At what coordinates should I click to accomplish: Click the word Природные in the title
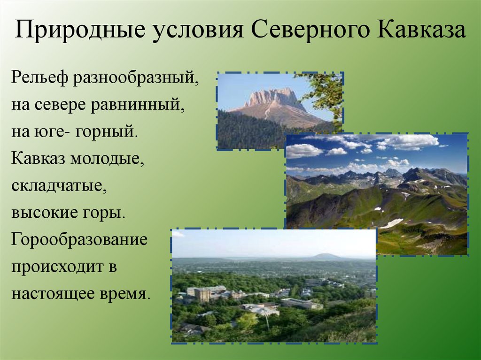tap(80, 30)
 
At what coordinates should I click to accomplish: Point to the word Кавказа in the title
tap(420, 30)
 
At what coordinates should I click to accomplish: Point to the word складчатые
tap(59, 186)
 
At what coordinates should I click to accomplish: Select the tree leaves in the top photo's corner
tap(327, 92)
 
